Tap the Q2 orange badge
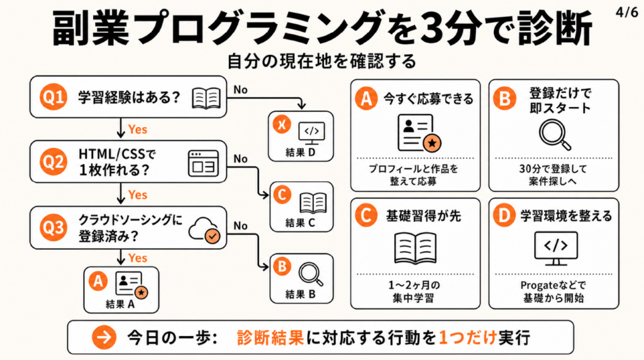[52, 162]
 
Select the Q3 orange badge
[52, 228]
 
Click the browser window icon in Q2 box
[202, 162]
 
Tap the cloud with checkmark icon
[204, 230]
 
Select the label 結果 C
[300, 221]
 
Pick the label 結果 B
[300, 292]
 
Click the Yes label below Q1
[137, 129]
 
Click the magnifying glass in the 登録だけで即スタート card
[554, 134]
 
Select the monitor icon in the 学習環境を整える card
[554, 247]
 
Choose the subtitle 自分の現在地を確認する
[321, 62]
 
